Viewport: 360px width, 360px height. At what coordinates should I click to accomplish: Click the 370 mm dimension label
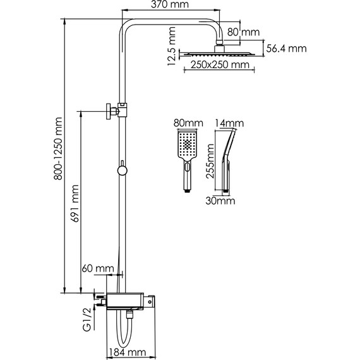pos(170,4)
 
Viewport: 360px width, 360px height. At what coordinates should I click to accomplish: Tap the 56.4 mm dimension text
pos(286,49)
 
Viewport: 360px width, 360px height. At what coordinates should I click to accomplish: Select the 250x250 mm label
pos(220,65)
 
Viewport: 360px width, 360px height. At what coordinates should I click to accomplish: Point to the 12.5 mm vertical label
pos(172,46)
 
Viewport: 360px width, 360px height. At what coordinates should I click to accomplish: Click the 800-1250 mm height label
pos(58,148)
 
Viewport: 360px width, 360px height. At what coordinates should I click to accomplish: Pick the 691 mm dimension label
pos(75,203)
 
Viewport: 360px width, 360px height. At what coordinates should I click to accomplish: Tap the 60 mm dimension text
pos(98,268)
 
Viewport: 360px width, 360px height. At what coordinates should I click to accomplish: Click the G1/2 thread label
pos(88,320)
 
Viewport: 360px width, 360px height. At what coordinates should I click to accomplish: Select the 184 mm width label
pos(127,352)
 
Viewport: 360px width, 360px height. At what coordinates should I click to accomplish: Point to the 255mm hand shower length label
pos(210,161)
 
